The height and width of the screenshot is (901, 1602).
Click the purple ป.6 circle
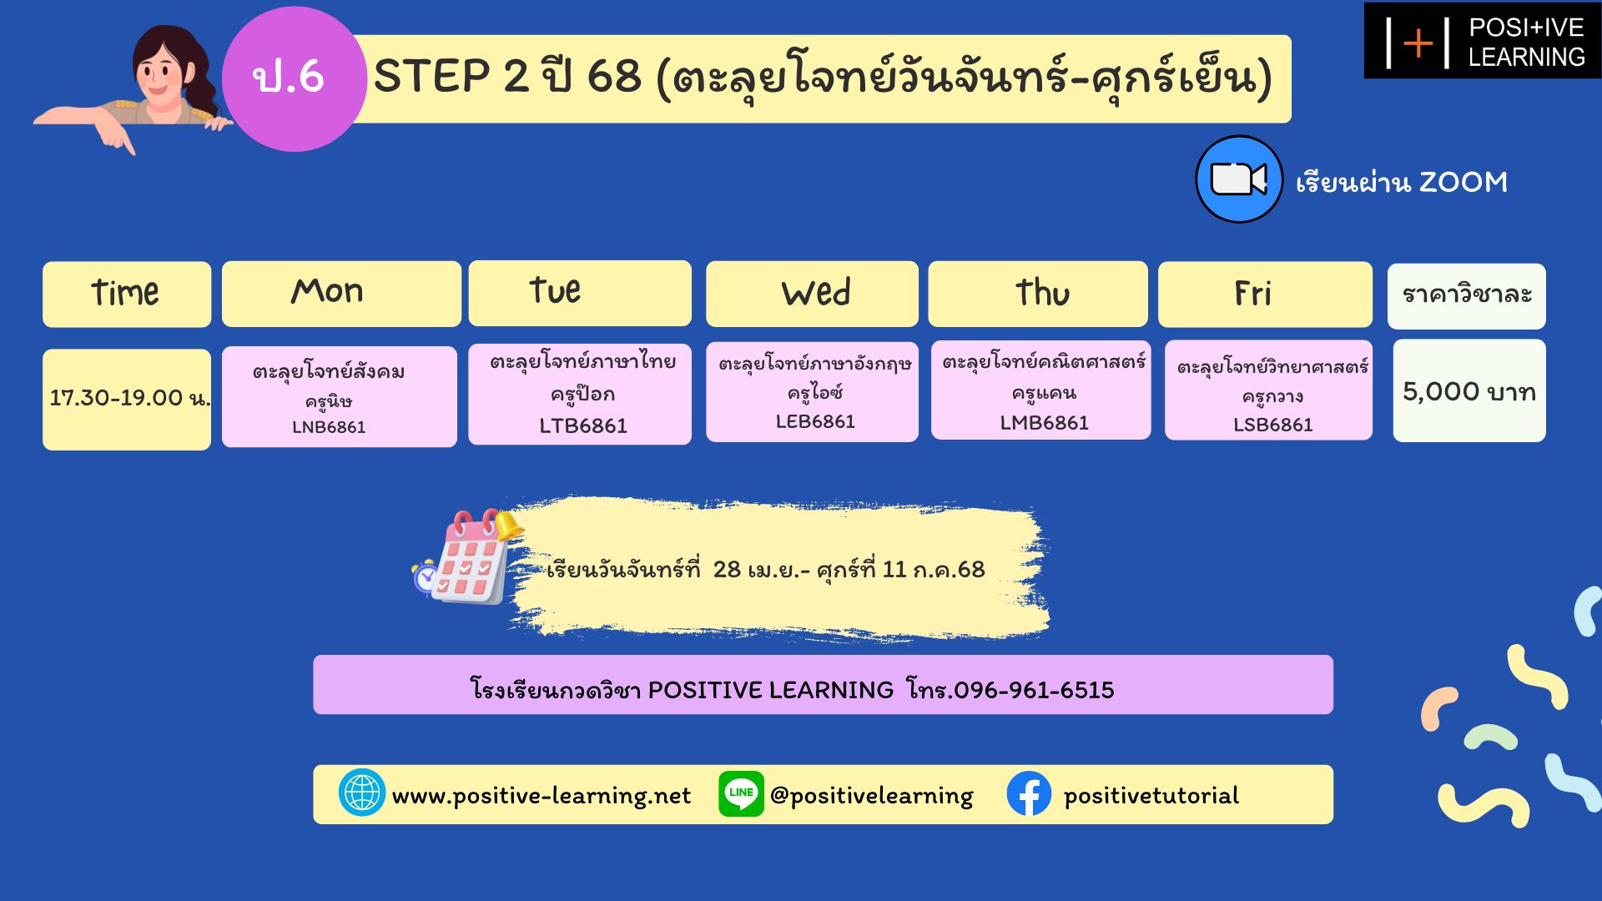click(x=294, y=79)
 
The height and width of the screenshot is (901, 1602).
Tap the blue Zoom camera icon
click(x=1239, y=179)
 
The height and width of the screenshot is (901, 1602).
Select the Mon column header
click(x=341, y=294)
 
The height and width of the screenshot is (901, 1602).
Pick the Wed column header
click(x=812, y=294)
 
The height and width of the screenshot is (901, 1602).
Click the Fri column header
click(x=1265, y=294)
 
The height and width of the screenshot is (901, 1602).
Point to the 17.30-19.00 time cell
click(x=127, y=399)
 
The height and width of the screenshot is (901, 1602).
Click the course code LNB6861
click(x=329, y=427)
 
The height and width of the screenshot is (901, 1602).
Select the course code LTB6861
click(x=583, y=425)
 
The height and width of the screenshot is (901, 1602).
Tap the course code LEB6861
click(x=815, y=421)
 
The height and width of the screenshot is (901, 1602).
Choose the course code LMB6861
click(x=1044, y=423)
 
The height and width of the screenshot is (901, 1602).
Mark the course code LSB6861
click(x=1273, y=425)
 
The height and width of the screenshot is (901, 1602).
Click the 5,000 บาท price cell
click(x=1469, y=390)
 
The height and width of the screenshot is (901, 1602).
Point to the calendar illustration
click(x=467, y=556)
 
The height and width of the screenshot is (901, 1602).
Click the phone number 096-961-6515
click(x=1034, y=690)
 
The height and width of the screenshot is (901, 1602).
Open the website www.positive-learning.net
click(x=542, y=796)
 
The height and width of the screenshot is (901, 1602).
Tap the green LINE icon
click(x=741, y=793)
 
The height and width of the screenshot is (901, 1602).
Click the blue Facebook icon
click(x=1029, y=793)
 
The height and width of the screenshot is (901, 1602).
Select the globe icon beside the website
click(x=362, y=793)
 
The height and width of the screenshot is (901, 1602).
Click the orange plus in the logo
click(x=1418, y=43)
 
